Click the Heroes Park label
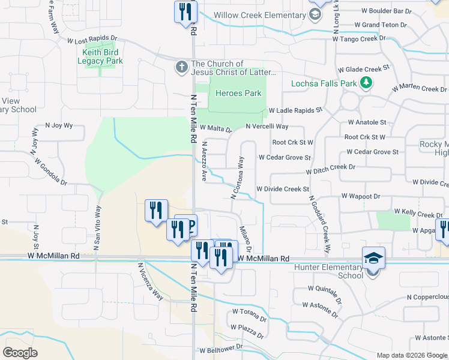[238, 93]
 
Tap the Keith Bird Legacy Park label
[102, 57]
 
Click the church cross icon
[182, 66]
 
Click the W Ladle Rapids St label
[295, 110]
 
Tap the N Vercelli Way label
[267, 127]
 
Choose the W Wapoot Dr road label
[361, 196]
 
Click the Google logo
[20, 353]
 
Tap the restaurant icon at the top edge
[186, 11]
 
